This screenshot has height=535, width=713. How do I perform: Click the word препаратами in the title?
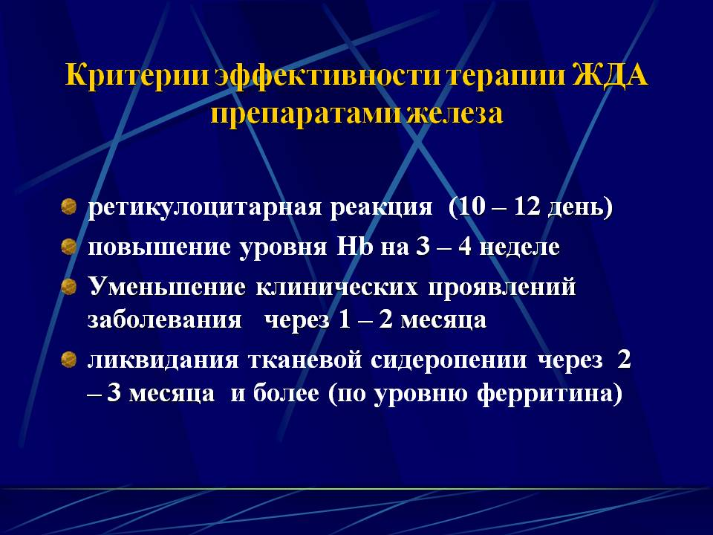[x=307, y=114]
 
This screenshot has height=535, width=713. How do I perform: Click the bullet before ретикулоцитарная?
[x=68, y=207]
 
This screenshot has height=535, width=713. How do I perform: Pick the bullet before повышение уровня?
[x=68, y=247]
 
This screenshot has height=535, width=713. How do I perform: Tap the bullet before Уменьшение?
[x=68, y=287]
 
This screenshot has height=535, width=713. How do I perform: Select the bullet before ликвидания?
[x=68, y=360]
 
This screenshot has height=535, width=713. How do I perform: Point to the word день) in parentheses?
[x=581, y=208]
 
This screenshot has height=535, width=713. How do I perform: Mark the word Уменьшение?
[x=167, y=287]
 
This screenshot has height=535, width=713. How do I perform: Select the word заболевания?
[x=164, y=320]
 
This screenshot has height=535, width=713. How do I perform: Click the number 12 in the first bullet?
[x=527, y=207]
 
